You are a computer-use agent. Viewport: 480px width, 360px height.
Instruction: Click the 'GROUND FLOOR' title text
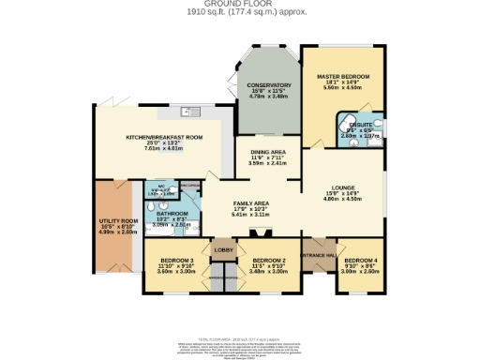point(239,4)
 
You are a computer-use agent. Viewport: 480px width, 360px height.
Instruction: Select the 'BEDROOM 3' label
point(175,259)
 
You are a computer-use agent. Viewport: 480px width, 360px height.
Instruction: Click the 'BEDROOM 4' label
point(361,259)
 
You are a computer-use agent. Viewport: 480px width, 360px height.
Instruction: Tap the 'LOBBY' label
point(223,250)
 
